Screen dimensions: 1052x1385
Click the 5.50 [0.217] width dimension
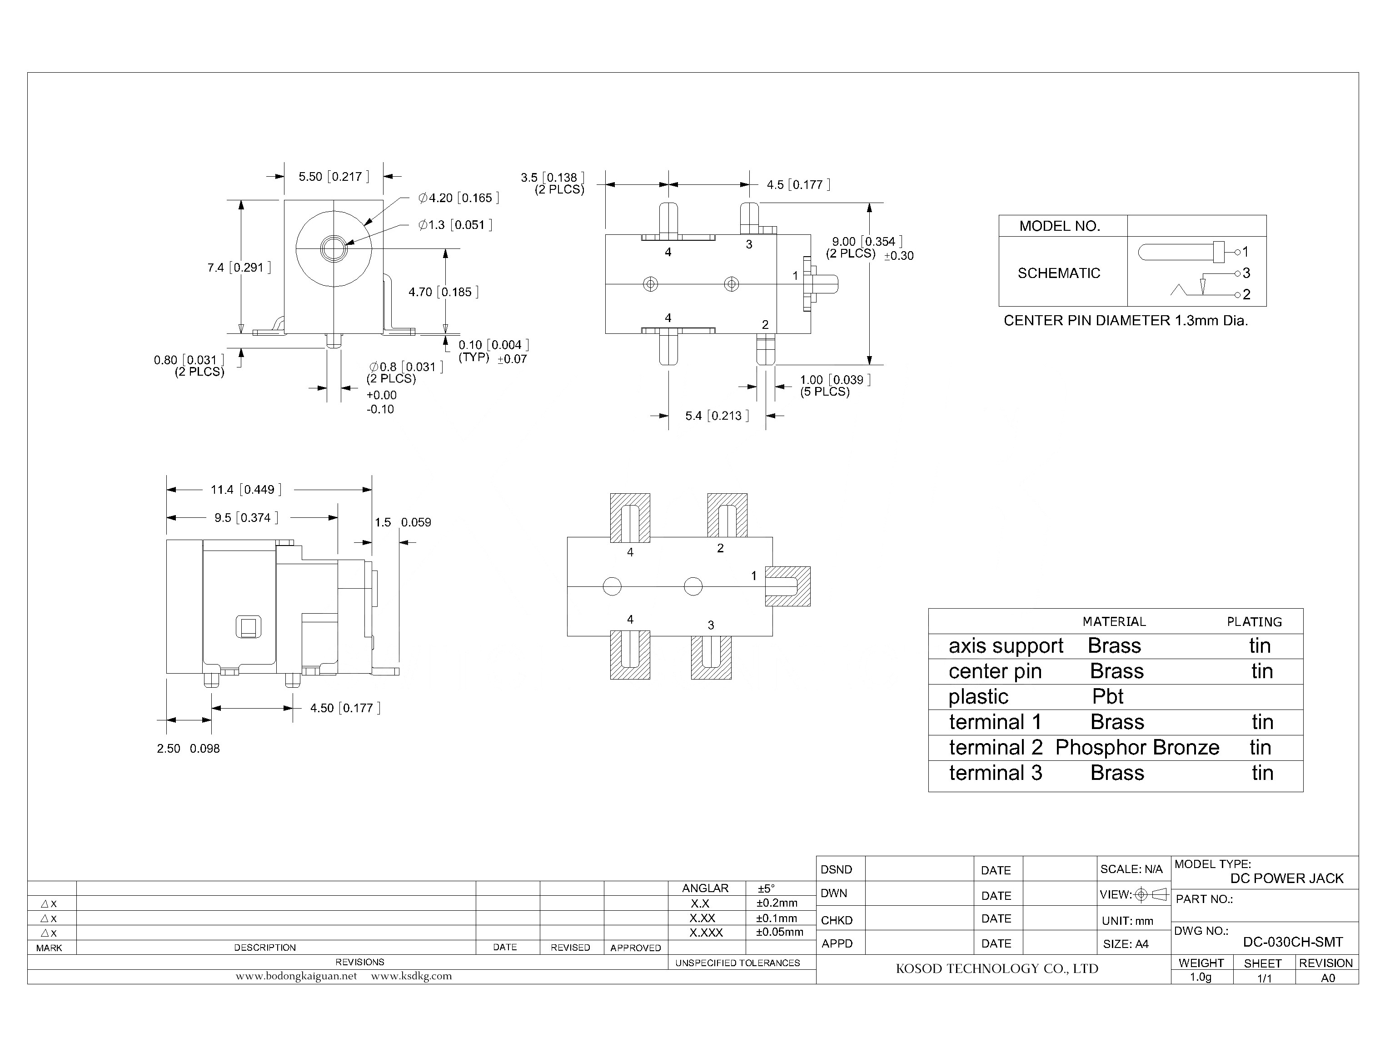coord(333,177)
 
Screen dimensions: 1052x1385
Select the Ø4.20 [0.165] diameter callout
coord(458,198)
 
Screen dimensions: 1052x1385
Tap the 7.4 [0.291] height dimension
coord(239,268)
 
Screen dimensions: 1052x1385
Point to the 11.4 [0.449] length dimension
coord(245,490)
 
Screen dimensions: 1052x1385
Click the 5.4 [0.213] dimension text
coord(717,416)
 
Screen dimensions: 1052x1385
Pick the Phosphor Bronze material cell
coord(1136,748)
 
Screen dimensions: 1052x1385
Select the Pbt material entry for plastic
coord(1107,697)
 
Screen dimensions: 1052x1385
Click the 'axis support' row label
coord(1006,646)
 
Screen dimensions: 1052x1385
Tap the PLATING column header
coord(1254,622)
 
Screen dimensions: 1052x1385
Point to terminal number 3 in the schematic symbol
coord(1246,273)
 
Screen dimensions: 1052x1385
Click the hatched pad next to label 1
coord(787,587)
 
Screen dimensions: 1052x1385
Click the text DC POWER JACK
coord(1286,878)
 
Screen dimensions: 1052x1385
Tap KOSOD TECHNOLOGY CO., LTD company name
coord(996,969)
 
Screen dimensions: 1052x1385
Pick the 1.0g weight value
coord(1200,978)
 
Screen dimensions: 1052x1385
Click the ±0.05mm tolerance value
coord(779,933)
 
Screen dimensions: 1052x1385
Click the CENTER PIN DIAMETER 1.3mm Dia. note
coord(1125,321)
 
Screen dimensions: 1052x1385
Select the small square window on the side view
coord(248,627)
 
